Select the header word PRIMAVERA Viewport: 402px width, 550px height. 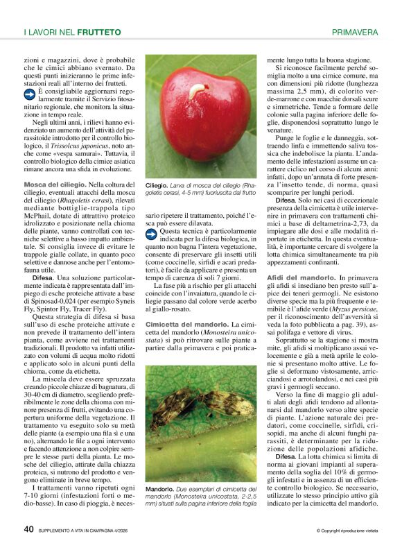click(x=355, y=32)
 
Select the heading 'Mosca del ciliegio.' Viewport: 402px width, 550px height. click(x=55, y=184)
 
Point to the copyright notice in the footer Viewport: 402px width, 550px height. click(x=347, y=531)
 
